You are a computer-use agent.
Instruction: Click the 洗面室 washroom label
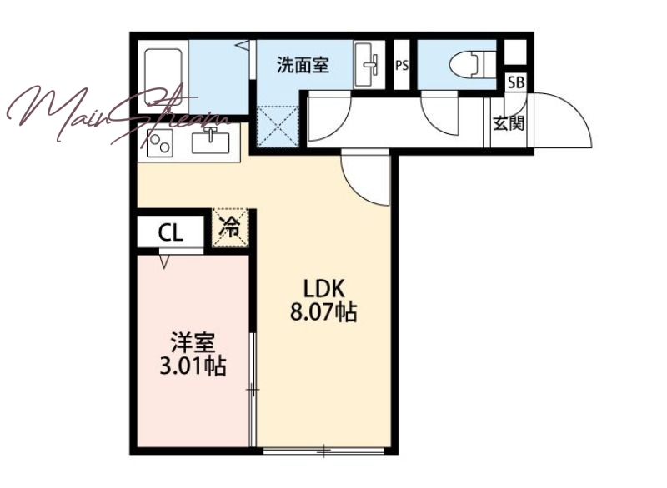click(303, 66)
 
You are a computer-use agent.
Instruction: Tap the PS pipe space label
click(402, 66)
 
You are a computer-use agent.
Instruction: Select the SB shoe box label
click(516, 82)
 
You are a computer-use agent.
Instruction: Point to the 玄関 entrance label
click(509, 123)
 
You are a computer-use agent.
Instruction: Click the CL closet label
click(171, 232)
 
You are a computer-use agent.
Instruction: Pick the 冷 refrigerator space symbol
click(230, 227)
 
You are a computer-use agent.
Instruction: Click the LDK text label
click(323, 289)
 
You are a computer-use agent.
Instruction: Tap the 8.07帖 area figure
click(323, 312)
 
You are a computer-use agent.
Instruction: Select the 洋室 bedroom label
click(193, 343)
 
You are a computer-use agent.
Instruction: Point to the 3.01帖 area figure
click(193, 366)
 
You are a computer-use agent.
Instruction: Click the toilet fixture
click(472, 65)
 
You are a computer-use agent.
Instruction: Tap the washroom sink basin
click(369, 65)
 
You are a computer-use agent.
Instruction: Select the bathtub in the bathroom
click(163, 77)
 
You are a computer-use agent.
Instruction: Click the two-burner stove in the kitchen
click(159, 142)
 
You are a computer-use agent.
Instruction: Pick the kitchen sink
click(211, 141)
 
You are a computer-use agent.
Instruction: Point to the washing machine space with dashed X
click(278, 126)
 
